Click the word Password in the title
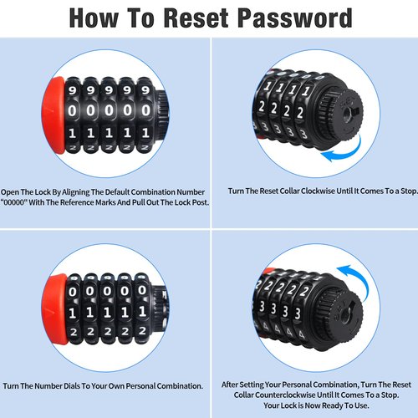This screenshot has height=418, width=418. pos(295,18)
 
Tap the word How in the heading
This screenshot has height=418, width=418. pos(94,18)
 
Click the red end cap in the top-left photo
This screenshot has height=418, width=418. pos(54,115)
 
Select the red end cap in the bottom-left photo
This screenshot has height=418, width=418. pos(54,308)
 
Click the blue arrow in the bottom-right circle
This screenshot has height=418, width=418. pos(358,278)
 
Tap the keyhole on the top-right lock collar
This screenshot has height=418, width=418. pos(347,114)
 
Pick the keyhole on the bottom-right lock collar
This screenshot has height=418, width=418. pos(345,315)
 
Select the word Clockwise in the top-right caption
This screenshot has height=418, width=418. pos(318,191)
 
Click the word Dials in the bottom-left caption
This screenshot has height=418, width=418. pos(72,386)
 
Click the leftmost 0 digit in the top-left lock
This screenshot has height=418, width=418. pos(72,111)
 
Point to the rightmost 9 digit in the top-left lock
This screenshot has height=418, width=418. pos(145,89)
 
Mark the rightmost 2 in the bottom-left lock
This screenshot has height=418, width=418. pos(142,330)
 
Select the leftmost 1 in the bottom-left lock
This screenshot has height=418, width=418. pos(72,313)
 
